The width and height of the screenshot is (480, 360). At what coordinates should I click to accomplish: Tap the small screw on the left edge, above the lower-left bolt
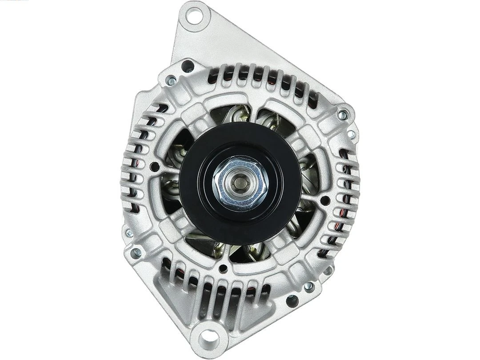(x=128, y=232)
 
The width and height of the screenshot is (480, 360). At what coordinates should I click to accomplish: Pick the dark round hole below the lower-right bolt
(x=292, y=301)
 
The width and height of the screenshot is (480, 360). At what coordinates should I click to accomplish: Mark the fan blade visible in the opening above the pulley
(x=240, y=118)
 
